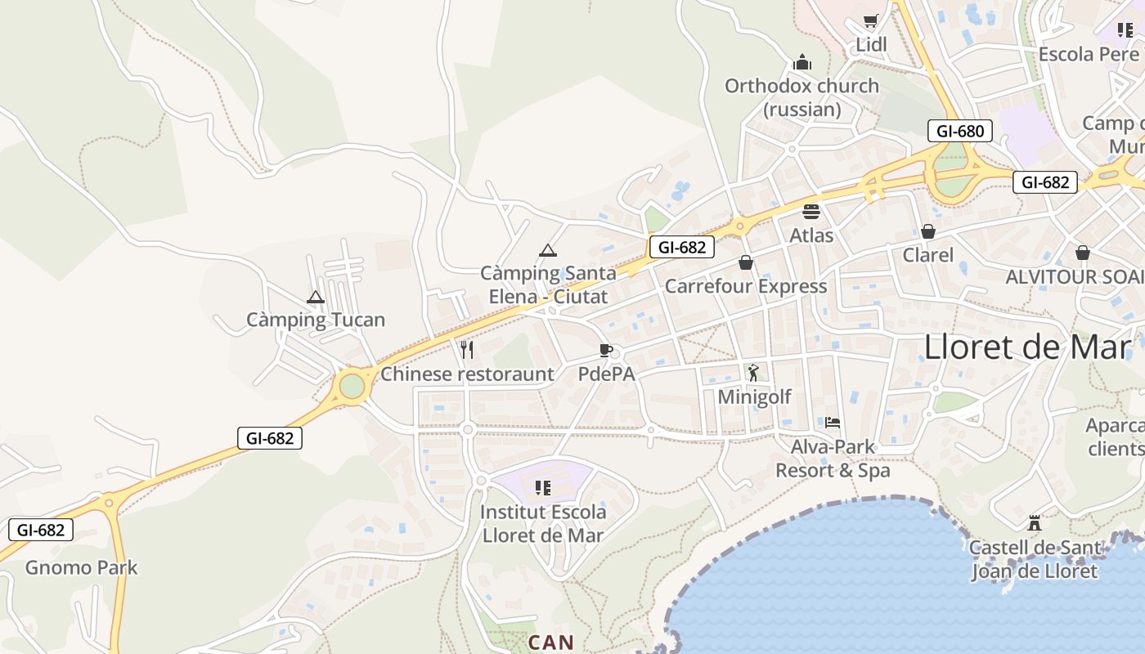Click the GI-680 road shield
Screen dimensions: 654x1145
(960, 131)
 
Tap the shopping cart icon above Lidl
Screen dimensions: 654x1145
(871, 21)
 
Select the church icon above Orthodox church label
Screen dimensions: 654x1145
(802, 62)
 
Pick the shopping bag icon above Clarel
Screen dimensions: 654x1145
(927, 231)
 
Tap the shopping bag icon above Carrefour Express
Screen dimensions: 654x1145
(745, 262)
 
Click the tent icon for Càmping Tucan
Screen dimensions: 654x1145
(316, 297)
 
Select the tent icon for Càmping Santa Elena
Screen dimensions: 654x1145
(548, 250)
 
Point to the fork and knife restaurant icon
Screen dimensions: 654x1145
(467, 350)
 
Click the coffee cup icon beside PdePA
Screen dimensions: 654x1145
(605, 351)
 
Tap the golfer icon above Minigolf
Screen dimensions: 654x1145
(753, 373)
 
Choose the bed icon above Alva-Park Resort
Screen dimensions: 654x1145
(833, 423)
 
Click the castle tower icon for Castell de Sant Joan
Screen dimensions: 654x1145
(1035, 522)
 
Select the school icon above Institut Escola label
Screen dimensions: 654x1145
(542, 488)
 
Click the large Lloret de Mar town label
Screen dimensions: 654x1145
(1027, 347)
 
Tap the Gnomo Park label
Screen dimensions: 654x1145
(82, 567)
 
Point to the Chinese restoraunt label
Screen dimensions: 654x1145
(467, 374)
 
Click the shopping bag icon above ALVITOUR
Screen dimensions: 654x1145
(1083, 253)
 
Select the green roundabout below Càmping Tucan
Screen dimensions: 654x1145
(352, 386)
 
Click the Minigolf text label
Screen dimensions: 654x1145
(754, 397)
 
